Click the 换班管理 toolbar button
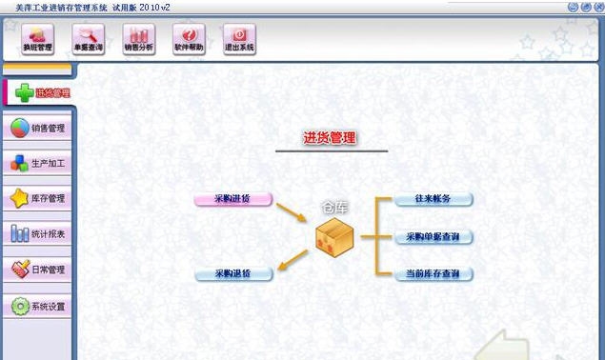pos(38,38)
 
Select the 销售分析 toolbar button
pos(139,38)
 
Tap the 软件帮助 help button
pos(189,38)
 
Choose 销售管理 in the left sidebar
pos(38,128)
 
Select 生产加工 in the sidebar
pos(38,163)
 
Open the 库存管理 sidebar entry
pos(38,198)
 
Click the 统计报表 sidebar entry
pos(38,233)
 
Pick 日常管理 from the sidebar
pos(38,270)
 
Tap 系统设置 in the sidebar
pos(38,307)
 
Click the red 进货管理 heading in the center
pos(330,139)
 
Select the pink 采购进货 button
pos(233,199)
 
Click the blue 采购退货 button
pos(233,274)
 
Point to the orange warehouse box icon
pos(334,235)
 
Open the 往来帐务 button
pos(434,199)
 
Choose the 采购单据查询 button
pos(434,236)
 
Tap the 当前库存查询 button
pos(434,274)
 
